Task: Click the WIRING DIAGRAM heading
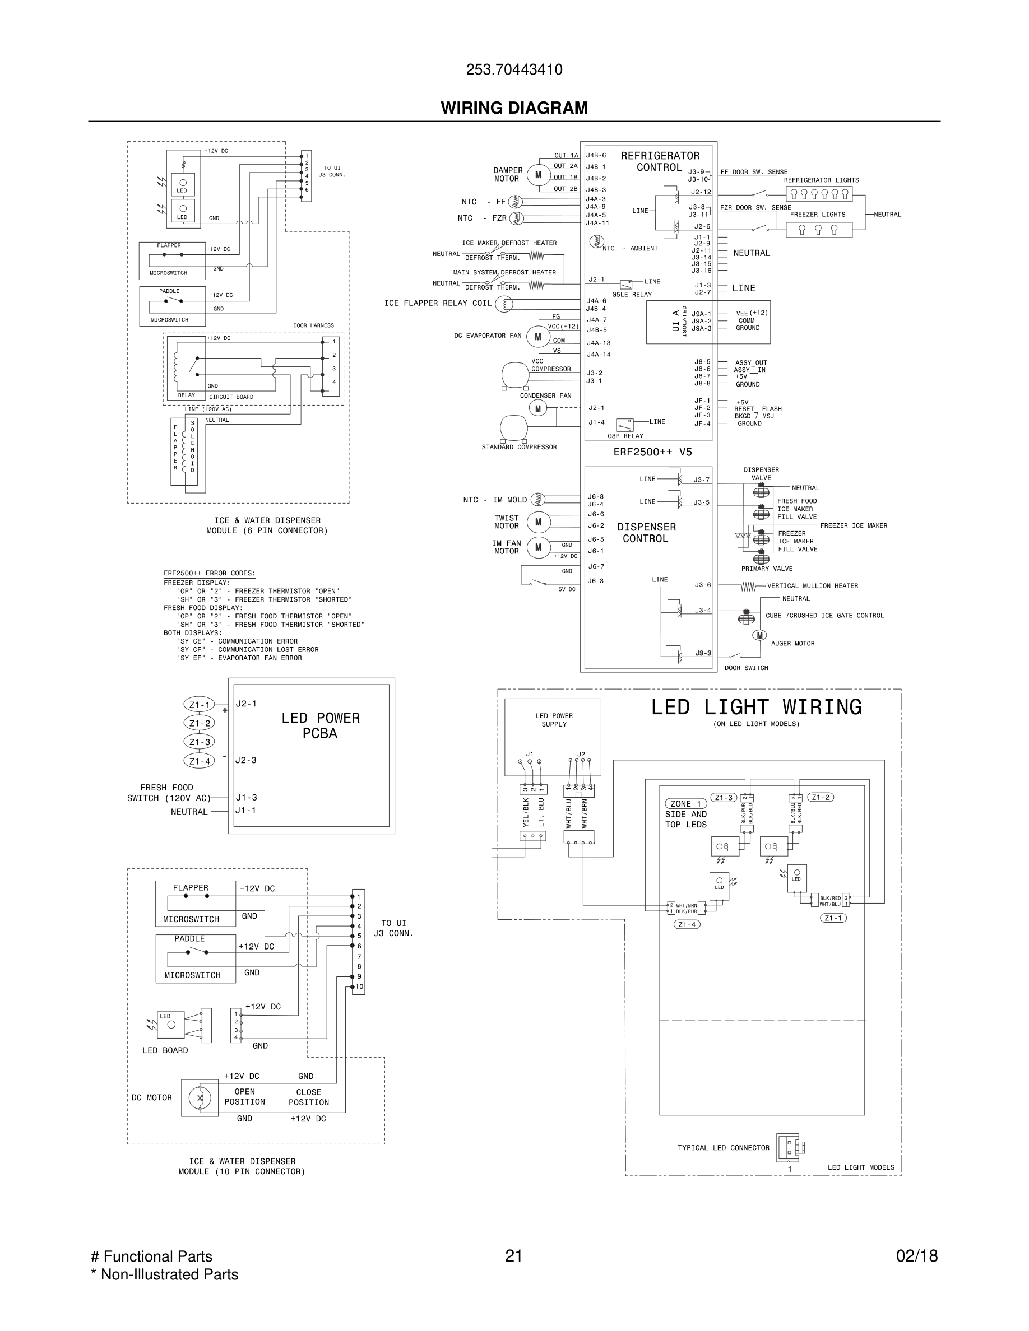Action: (x=514, y=108)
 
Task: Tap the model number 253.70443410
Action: (x=514, y=69)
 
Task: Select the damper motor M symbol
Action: (x=537, y=175)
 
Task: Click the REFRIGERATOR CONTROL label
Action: (x=660, y=161)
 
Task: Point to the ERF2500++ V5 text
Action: (x=652, y=452)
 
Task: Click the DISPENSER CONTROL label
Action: (x=646, y=533)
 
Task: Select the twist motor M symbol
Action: (x=537, y=522)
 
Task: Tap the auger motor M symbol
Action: (x=759, y=636)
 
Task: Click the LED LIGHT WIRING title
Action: (x=756, y=707)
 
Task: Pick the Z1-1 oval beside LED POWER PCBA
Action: (x=200, y=705)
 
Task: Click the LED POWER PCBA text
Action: (x=320, y=725)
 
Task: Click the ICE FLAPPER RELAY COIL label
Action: (x=437, y=303)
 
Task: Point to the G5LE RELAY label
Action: (x=632, y=294)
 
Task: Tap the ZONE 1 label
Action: (x=685, y=804)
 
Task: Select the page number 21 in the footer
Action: (x=513, y=1256)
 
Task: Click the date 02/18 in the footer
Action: (x=916, y=1256)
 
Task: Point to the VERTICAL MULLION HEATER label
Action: (x=812, y=585)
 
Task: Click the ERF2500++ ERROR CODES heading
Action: (x=209, y=574)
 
